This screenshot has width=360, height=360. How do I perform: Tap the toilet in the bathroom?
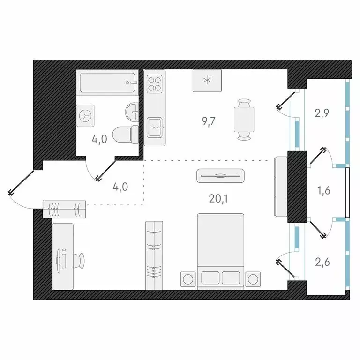[126, 135]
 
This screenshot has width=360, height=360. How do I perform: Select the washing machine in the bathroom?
[86, 115]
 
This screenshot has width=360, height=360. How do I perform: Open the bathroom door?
[105, 170]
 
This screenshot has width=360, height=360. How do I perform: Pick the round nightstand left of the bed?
[187, 278]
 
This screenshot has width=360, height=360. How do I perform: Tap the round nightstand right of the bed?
[254, 278]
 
